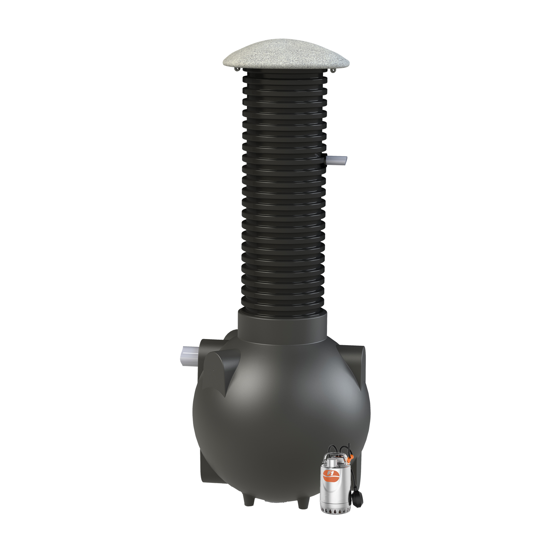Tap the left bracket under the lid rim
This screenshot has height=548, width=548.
[237, 69]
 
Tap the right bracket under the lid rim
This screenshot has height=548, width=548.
[333, 70]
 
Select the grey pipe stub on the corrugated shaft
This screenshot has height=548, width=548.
[337, 161]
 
